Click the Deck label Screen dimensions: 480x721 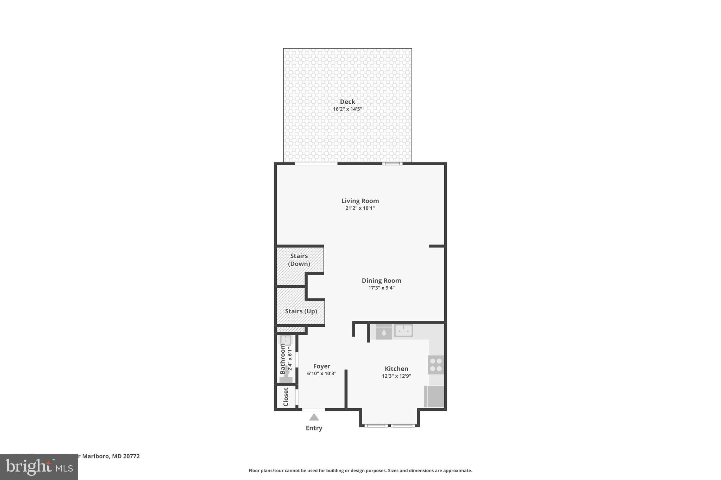[347, 102]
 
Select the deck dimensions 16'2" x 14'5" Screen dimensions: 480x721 [347, 109]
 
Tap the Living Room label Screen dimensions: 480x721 [360, 201]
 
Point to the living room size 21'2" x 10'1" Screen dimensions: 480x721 [360, 208]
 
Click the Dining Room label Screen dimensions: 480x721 [381, 281]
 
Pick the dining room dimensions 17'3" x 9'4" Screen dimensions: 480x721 [381, 288]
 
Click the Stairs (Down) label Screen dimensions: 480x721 [299, 260]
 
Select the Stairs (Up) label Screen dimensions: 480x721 [301, 311]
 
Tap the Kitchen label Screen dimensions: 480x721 [396, 369]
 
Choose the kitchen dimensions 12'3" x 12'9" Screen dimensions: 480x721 [396, 376]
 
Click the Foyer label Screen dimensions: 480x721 [321, 366]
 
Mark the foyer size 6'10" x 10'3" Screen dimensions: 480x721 [321, 373]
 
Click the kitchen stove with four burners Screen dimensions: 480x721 [436, 365]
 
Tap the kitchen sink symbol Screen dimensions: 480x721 [403, 331]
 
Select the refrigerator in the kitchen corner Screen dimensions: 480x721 [434, 396]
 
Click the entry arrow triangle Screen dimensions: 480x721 [314, 417]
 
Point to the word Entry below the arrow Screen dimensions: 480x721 [314, 428]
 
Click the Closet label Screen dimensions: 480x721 [286, 397]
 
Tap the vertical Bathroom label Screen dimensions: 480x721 [283, 359]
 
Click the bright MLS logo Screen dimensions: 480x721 [39, 467]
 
